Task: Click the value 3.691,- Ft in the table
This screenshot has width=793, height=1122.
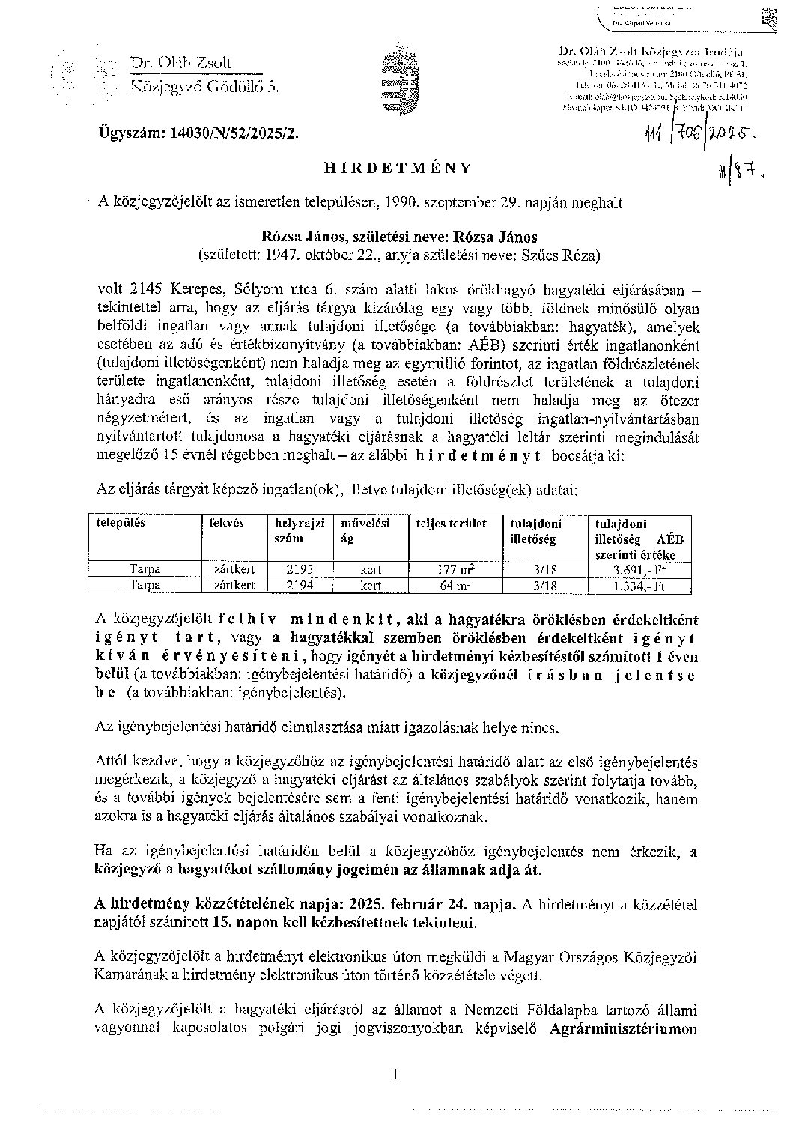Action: point(639,569)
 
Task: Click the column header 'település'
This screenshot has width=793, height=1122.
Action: point(121,523)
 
